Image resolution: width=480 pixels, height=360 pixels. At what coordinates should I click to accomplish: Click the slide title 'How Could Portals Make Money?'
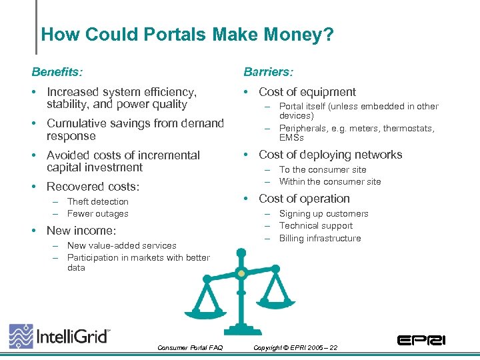187,34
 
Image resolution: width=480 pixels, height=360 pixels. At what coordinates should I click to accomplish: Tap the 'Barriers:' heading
268,71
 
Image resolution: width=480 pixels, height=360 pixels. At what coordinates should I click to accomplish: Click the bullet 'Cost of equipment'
307,92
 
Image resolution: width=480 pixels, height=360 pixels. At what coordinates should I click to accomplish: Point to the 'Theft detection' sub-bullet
97,201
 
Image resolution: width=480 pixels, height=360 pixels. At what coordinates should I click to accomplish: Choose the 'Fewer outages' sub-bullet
97,214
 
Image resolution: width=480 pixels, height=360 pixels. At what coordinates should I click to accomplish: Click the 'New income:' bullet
81,231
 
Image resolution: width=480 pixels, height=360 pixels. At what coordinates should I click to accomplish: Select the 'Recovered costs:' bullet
93,187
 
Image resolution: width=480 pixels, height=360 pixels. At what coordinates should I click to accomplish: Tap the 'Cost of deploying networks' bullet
330,155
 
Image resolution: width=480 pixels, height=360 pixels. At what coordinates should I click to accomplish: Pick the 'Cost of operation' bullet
304,199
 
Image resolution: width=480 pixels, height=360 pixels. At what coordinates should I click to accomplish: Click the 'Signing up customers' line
323,214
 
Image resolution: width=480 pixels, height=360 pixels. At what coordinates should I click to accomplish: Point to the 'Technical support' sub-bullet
315,226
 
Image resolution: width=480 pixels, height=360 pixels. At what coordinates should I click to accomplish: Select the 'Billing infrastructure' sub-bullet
319,238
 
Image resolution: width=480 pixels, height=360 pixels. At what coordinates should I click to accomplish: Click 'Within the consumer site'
330,181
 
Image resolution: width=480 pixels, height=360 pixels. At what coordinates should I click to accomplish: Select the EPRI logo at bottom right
421,340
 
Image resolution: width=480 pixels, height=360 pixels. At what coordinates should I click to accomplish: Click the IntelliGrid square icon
21,336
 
